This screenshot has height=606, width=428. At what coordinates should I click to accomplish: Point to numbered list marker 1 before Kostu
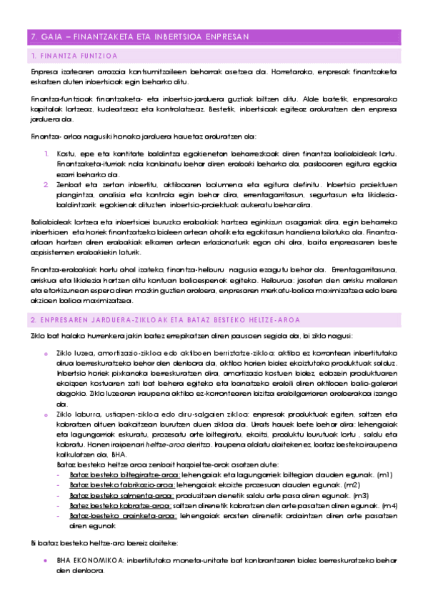(45, 153)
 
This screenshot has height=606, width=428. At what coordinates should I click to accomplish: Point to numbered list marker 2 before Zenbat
(45, 184)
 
